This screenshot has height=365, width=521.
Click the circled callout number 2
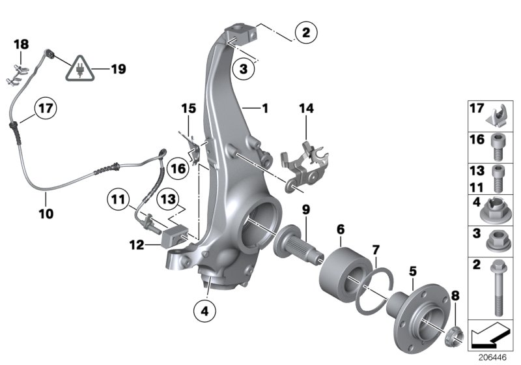306,31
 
